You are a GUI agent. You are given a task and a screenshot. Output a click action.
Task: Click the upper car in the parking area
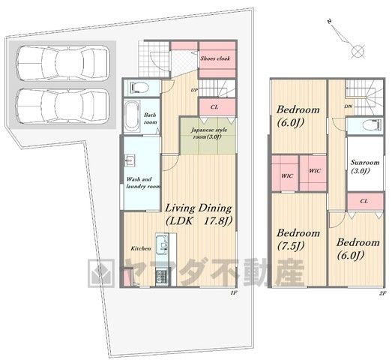[62, 63]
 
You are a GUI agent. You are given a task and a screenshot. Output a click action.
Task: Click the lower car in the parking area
[62, 106]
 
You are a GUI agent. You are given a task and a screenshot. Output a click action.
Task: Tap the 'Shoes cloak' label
[215, 58]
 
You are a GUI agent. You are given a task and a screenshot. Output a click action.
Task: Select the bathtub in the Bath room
[132, 116]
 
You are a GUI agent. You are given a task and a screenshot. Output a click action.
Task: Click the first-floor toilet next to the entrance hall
[139, 88]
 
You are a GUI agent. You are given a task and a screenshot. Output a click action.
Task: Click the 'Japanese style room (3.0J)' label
[209, 133]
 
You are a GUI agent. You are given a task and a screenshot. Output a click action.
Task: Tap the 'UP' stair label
[194, 90]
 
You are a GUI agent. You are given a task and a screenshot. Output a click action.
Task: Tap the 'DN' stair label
[349, 106]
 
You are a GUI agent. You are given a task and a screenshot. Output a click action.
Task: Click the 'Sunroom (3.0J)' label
[365, 166]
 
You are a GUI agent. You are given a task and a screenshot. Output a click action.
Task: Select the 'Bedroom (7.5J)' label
[298, 239]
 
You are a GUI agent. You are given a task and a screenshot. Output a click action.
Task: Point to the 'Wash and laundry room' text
[143, 183]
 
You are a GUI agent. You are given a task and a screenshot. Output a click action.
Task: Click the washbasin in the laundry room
[130, 160]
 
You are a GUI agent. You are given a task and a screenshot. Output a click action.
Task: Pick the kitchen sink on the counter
[162, 244]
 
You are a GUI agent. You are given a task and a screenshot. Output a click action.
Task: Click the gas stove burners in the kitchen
[162, 276]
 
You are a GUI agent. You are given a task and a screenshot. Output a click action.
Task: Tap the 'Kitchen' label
[141, 248]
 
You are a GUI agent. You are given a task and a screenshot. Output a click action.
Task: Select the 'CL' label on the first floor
[214, 107]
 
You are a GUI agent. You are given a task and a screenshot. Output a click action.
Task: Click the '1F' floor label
[234, 292]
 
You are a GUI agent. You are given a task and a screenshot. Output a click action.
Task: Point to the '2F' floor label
[382, 293]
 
